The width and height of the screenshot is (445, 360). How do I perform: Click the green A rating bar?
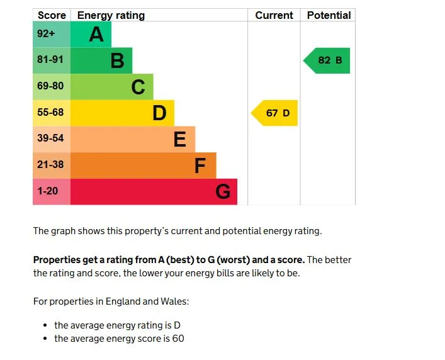coord(91,35)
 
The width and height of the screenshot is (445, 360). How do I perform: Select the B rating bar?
coord(101,60)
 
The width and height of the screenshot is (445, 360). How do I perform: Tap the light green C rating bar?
coord(111,87)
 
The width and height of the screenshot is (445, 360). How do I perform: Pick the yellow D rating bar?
coord(122,113)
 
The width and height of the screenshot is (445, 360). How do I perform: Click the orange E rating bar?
coord(133,139)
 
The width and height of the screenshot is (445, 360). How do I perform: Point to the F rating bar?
coord(143,166)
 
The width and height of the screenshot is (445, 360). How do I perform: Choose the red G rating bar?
coord(154,191)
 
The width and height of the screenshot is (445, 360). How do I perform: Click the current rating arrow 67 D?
coord(275,113)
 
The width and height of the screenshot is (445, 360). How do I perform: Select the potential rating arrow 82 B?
coord(327,60)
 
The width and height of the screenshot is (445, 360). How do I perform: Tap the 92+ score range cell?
coord(51,35)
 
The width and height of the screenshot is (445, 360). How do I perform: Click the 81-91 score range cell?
coord(51,60)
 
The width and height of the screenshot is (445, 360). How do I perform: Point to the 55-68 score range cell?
coord(51,113)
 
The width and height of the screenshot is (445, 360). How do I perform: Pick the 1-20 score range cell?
coord(51,191)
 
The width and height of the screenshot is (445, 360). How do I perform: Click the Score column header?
coord(52,15)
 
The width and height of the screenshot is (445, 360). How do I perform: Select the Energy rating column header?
coord(111,15)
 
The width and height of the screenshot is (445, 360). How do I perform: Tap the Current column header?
coord(274,15)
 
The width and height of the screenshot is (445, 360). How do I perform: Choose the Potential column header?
coord(328,15)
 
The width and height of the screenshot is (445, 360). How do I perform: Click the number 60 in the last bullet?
coord(177,339)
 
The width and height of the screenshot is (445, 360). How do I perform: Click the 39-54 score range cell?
coord(51,139)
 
